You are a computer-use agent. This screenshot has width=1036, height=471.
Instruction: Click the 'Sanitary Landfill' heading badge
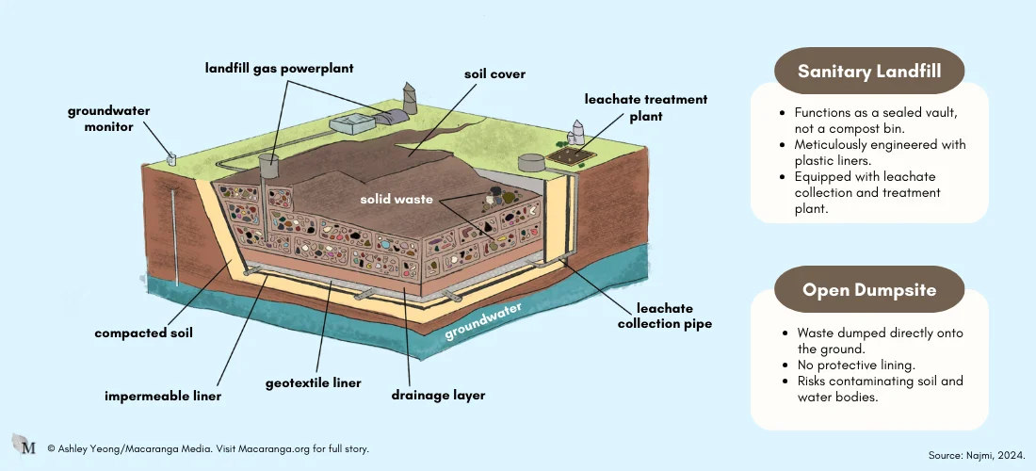(x=868, y=71)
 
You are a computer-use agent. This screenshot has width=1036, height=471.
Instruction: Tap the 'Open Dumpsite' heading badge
(x=868, y=289)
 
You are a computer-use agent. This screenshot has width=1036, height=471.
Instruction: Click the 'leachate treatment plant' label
(x=645, y=107)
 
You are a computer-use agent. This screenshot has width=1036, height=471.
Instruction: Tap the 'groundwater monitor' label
(x=108, y=118)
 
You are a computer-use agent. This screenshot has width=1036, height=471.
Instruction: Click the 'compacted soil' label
(x=144, y=333)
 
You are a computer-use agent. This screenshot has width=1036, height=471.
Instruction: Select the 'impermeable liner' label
(x=163, y=397)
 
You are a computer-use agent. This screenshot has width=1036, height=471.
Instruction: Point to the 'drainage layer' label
(x=438, y=395)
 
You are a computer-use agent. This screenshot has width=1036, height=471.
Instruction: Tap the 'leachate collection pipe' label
(x=664, y=317)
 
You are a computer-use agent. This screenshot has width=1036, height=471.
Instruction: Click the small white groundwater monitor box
(x=172, y=159)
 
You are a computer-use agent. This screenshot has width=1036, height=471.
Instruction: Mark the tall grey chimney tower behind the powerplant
(x=410, y=96)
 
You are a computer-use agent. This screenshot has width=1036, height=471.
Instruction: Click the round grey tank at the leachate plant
(x=532, y=163)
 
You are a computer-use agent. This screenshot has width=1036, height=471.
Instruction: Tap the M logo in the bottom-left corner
(x=24, y=446)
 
